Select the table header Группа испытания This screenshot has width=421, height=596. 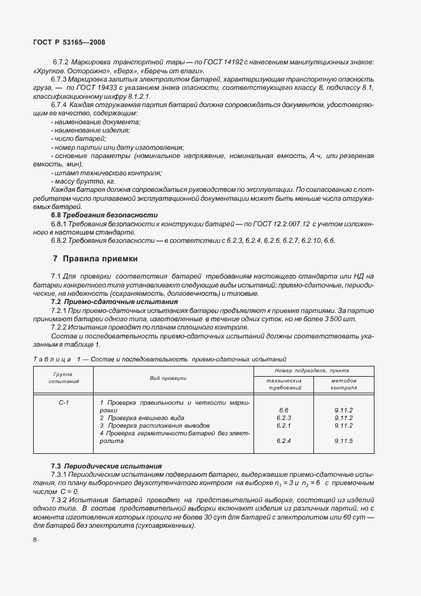point(62,378)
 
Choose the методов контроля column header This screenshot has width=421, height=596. point(343,384)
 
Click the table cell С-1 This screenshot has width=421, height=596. point(63,403)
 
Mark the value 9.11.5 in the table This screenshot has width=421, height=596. point(343,440)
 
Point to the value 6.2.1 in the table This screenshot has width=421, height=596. point(284,425)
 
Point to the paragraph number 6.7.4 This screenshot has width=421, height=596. point(59,103)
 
